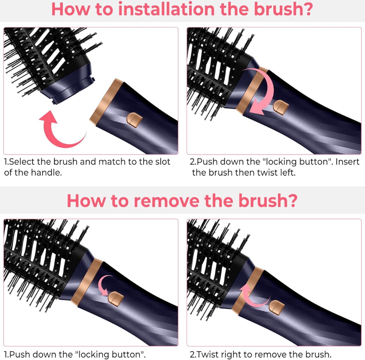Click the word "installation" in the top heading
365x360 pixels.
tap(166, 9)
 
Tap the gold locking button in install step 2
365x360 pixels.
tap(281, 107)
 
